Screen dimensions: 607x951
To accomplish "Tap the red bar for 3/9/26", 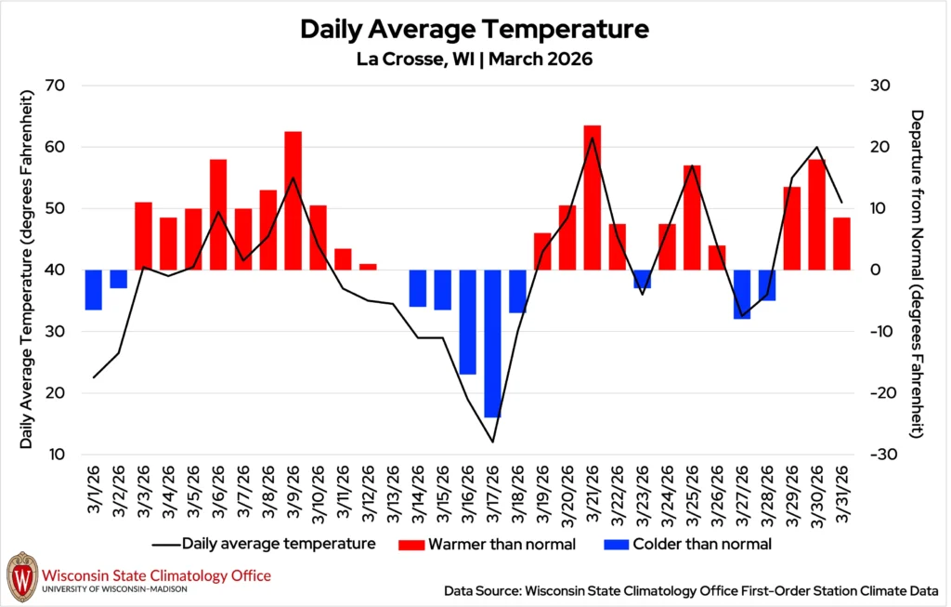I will [x=293, y=200].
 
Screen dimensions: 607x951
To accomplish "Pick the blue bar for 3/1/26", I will [x=93, y=289].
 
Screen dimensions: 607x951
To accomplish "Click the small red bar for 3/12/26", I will [x=368, y=267].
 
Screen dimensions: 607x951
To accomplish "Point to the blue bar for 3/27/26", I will [x=742, y=294].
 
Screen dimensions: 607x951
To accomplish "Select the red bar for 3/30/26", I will [x=817, y=214].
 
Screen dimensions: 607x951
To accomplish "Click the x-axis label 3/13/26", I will [x=393, y=497].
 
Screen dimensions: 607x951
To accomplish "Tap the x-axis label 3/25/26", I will [x=693, y=497].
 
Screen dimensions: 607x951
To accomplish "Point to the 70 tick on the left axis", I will [x=64, y=86].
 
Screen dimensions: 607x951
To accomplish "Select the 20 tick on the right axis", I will [x=880, y=147].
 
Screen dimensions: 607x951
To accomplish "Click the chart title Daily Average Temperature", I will [x=474, y=29].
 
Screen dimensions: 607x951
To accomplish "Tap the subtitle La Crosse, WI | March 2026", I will [x=474, y=59].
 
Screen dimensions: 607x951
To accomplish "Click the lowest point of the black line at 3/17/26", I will [x=492, y=442].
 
